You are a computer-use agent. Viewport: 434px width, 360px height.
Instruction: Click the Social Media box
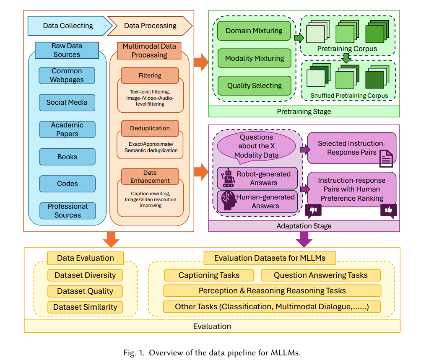(x=67, y=103)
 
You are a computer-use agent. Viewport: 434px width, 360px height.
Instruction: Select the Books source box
(x=67, y=157)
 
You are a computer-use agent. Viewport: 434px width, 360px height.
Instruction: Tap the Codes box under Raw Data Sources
(x=67, y=184)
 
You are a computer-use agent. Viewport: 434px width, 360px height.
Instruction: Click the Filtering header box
(x=150, y=75)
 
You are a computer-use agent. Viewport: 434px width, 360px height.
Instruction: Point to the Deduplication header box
(x=150, y=128)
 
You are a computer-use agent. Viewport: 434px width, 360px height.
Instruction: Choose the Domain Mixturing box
(x=254, y=31)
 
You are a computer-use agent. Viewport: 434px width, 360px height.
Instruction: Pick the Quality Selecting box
(x=255, y=86)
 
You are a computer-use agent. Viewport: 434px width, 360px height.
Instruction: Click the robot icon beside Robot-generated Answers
(x=228, y=178)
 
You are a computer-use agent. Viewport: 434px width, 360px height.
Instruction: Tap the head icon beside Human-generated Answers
(x=229, y=201)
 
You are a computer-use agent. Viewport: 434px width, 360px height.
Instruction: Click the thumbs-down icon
(x=313, y=210)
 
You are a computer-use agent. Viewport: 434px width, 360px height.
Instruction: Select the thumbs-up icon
(x=389, y=211)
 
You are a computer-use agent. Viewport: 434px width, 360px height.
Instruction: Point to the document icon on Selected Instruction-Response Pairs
(x=386, y=158)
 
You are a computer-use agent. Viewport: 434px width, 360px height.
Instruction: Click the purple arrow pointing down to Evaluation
(x=304, y=239)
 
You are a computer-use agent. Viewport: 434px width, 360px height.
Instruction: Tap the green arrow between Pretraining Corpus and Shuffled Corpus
(x=346, y=58)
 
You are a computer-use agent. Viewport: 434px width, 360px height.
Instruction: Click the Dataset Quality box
(x=85, y=291)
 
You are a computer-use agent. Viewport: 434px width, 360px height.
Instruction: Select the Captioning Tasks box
(x=209, y=275)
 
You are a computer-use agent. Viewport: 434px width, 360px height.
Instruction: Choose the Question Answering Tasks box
(x=321, y=275)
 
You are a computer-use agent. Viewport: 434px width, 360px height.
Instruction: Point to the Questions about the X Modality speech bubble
(x=256, y=146)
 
